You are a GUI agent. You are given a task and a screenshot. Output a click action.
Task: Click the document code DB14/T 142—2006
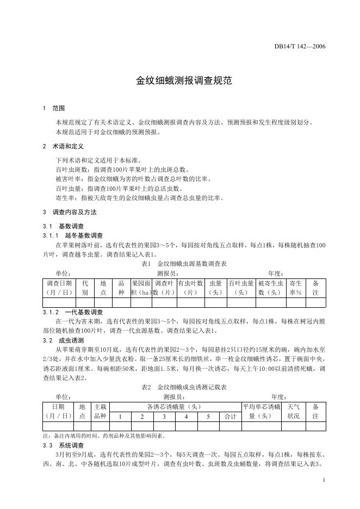299,46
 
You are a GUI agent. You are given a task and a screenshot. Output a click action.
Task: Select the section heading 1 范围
54,109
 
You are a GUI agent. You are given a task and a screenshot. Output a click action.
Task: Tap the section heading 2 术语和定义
63,147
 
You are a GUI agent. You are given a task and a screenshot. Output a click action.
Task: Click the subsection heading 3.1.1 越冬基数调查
73,235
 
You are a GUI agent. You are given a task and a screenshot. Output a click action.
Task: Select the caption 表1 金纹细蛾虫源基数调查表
184,264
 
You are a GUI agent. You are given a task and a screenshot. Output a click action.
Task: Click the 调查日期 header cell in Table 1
59,288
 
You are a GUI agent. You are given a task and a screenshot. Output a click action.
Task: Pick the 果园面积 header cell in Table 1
141,288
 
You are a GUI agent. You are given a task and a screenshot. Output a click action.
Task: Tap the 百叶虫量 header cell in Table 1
241,288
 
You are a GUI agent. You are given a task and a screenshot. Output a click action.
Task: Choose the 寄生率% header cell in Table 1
296,288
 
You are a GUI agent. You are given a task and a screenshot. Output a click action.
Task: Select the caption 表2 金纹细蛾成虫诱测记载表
184,387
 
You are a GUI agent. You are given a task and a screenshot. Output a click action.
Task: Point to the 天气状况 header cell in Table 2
293,411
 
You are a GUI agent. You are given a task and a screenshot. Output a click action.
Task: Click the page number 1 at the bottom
324,480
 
